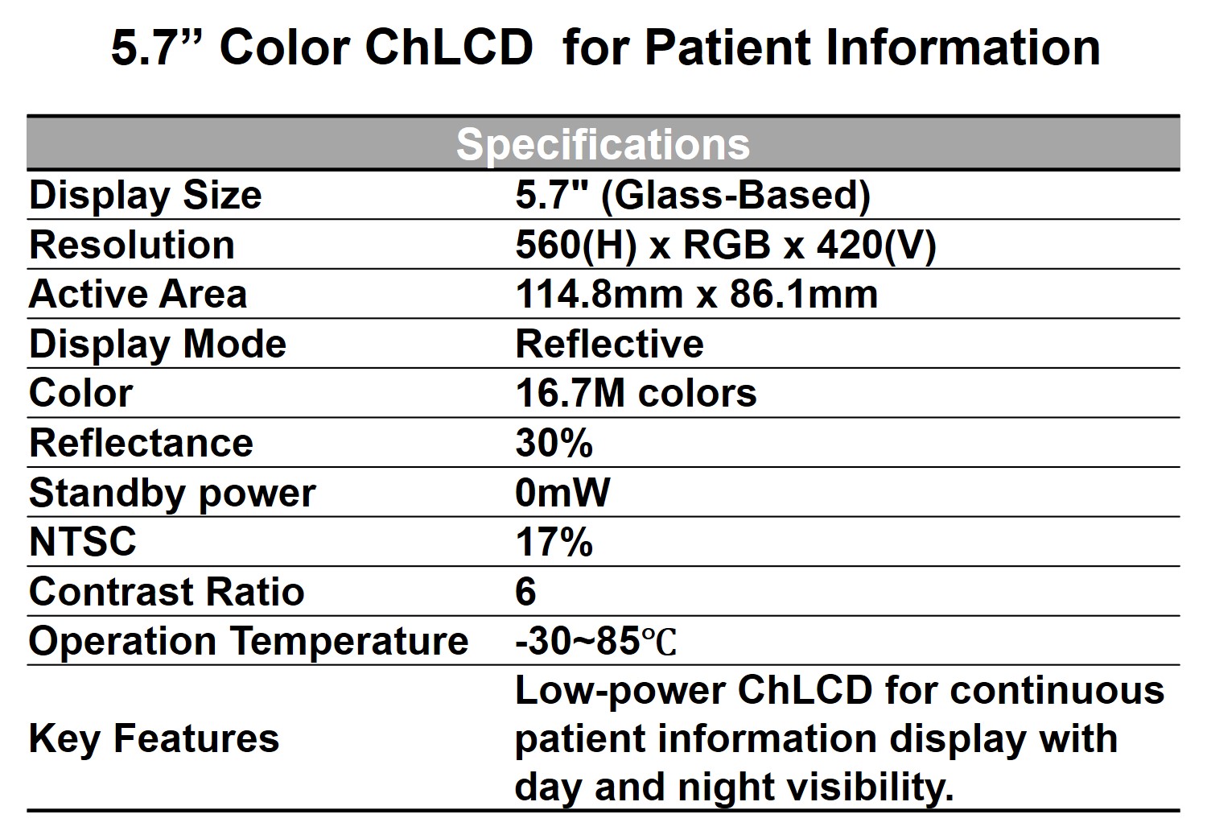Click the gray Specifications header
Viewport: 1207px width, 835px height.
coord(603,144)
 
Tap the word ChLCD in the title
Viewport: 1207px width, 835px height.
coord(449,48)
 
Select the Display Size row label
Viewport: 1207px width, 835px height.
coord(146,196)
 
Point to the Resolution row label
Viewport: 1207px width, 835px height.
coord(132,246)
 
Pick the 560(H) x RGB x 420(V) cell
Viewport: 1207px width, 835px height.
coord(726,246)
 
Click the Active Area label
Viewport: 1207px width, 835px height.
coord(138,295)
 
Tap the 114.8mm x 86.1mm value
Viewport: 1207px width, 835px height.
coord(697,295)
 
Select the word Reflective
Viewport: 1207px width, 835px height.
coord(609,344)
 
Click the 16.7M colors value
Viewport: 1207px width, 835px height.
coord(636,394)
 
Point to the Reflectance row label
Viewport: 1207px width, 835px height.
coord(141,443)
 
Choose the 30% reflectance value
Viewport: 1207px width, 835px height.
coord(554,443)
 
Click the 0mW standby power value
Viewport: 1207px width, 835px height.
coord(562,493)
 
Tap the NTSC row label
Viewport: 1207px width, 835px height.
coord(83,542)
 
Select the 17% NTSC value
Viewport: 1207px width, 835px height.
coord(554,542)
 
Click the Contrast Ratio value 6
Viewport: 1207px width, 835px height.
coord(526,591)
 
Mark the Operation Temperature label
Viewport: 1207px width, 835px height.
coord(249,642)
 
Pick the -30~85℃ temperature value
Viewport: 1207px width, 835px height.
coord(595,642)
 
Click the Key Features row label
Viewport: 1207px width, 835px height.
coord(154,739)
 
